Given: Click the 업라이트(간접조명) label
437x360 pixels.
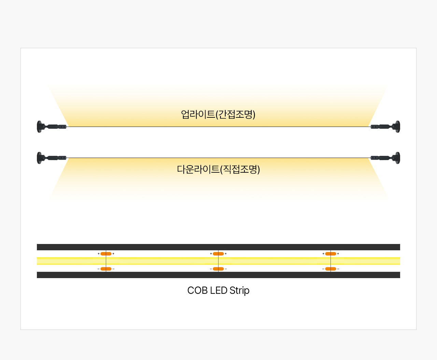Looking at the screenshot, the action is [218, 114].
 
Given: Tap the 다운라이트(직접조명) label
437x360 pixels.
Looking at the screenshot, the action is [218, 169].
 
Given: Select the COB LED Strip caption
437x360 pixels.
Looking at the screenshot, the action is [218, 290].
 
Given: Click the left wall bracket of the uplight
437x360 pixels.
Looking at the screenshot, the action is [52, 127].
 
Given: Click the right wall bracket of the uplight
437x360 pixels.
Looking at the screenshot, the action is [385, 127].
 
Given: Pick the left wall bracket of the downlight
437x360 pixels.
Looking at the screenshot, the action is [52, 158].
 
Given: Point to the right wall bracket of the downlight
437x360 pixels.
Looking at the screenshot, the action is [385, 158].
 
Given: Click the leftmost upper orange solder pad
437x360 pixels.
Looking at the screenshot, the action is [106, 254].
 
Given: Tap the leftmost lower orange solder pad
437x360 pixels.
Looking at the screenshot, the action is [106, 269].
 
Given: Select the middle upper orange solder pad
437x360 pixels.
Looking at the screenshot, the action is [218, 254].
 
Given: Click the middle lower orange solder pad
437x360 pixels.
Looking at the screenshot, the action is [218, 269].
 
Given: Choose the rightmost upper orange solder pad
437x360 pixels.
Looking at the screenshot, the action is [331, 254].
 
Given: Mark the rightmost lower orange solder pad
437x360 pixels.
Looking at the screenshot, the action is [331, 269].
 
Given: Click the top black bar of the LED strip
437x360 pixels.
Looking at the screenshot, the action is [218, 247].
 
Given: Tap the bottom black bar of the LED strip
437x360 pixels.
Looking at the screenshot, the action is [218, 275].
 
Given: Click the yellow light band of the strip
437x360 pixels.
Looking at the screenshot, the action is [218, 261].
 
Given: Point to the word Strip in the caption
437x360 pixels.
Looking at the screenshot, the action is [239, 291].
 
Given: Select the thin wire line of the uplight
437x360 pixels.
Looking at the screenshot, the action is [218, 127].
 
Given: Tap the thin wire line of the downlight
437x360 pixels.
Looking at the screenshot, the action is [218, 158].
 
